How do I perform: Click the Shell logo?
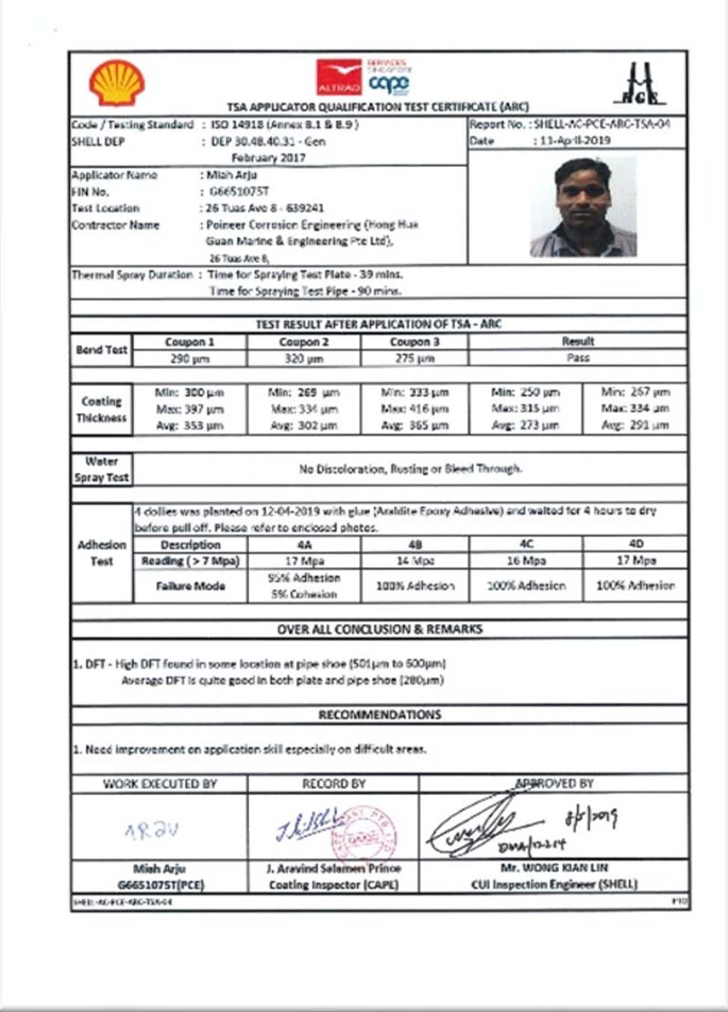tap(117, 83)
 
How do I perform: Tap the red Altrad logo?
tap(339, 77)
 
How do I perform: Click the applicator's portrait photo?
tap(584, 207)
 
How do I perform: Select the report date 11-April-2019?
tap(575, 141)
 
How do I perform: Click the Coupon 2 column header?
tap(303, 342)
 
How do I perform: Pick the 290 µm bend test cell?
tap(190, 359)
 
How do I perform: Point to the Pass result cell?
tap(578, 358)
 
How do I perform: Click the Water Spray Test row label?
tap(102, 469)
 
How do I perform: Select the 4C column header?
tap(526, 544)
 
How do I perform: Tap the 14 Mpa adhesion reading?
tap(415, 561)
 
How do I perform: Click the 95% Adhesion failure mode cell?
tap(303, 586)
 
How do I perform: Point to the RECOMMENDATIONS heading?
tap(380, 715)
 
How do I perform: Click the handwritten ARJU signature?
tap(152, 829)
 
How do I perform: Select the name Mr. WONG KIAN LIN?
tap(554, 868)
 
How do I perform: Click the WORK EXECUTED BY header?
tap(160, 784)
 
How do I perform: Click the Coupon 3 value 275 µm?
tap(415, 359)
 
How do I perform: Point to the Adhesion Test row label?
tap(102, 553)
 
